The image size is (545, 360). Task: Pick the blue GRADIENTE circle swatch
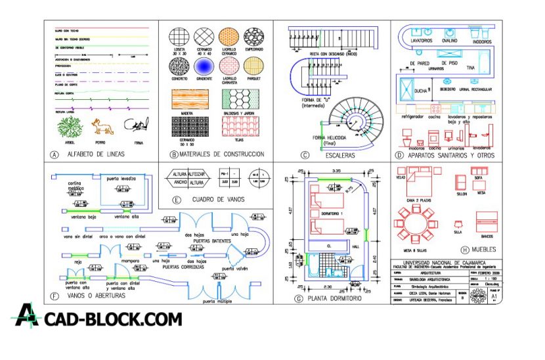tap(203, 66)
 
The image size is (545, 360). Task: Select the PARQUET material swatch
tap(254, 66)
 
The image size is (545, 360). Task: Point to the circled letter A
tap(53, 155)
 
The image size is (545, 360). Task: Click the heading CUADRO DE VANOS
tap(218, 199)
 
